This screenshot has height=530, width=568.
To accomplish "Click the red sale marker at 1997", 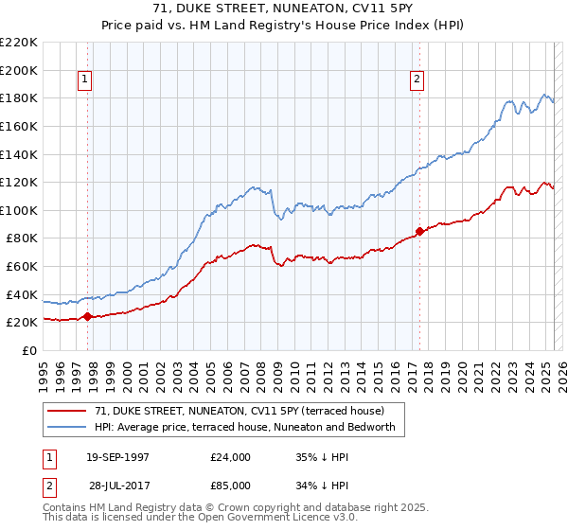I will tap(87, 316).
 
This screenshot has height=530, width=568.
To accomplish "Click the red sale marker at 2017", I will tap(418, 231).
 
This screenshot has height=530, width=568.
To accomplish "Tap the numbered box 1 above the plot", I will tap(85, 80).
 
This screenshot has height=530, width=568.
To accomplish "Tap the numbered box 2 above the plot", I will tap(417, 80).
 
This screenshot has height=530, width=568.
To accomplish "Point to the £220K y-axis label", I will tap(19, 43).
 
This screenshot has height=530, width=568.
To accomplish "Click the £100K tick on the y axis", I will tap(19, 210).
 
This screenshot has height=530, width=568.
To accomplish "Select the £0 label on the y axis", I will tap(30, 350).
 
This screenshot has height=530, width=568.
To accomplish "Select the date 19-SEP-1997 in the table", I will tap(117, 456).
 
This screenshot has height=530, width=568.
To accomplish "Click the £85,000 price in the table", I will tap(231, 485).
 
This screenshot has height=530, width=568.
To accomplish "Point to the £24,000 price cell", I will tap(231, 456).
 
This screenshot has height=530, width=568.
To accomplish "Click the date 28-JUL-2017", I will tap(117, 485).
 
